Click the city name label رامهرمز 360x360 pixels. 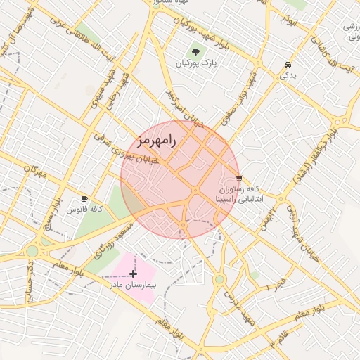click(x=154, y=140)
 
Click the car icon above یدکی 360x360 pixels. click(x=288, y=65)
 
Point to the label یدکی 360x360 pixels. click(x=288, y=75)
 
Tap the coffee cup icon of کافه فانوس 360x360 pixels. click(x=85, y=199)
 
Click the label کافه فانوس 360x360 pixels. click(x=85, y=210)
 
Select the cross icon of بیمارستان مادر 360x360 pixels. click(x=134, y=272)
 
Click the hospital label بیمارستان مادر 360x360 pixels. click(x=135, y=285)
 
